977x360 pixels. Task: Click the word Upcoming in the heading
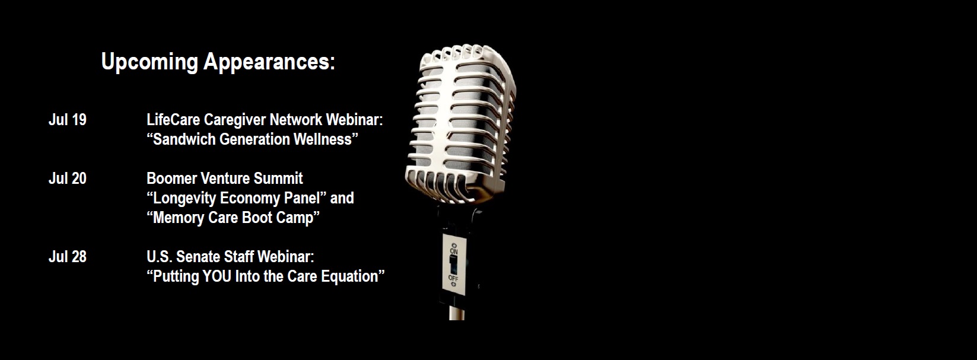pos(149,62)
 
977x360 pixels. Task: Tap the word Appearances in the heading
pos(269,62)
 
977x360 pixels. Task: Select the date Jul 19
pos(68,120)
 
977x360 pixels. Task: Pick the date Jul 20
pos(68,179)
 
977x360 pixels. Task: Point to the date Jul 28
pos(68,257)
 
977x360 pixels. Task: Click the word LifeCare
pos(173,120)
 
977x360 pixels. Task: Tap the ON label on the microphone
pos(454,251)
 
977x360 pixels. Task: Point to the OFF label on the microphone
pos(453,278)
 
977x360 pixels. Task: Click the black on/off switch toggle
pos(453,265)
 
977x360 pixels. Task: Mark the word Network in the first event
pos(296,120)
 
